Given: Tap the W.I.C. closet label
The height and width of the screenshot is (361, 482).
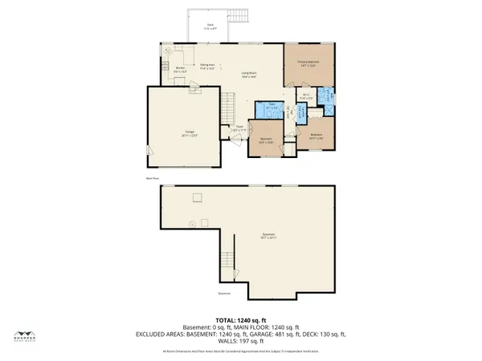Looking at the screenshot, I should coord(306,98).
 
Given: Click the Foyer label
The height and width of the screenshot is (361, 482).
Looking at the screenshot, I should coord(239,128).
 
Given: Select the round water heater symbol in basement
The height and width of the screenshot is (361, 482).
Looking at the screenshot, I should coord(191,224).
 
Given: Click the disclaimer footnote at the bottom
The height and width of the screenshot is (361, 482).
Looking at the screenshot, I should coord(241,351).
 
